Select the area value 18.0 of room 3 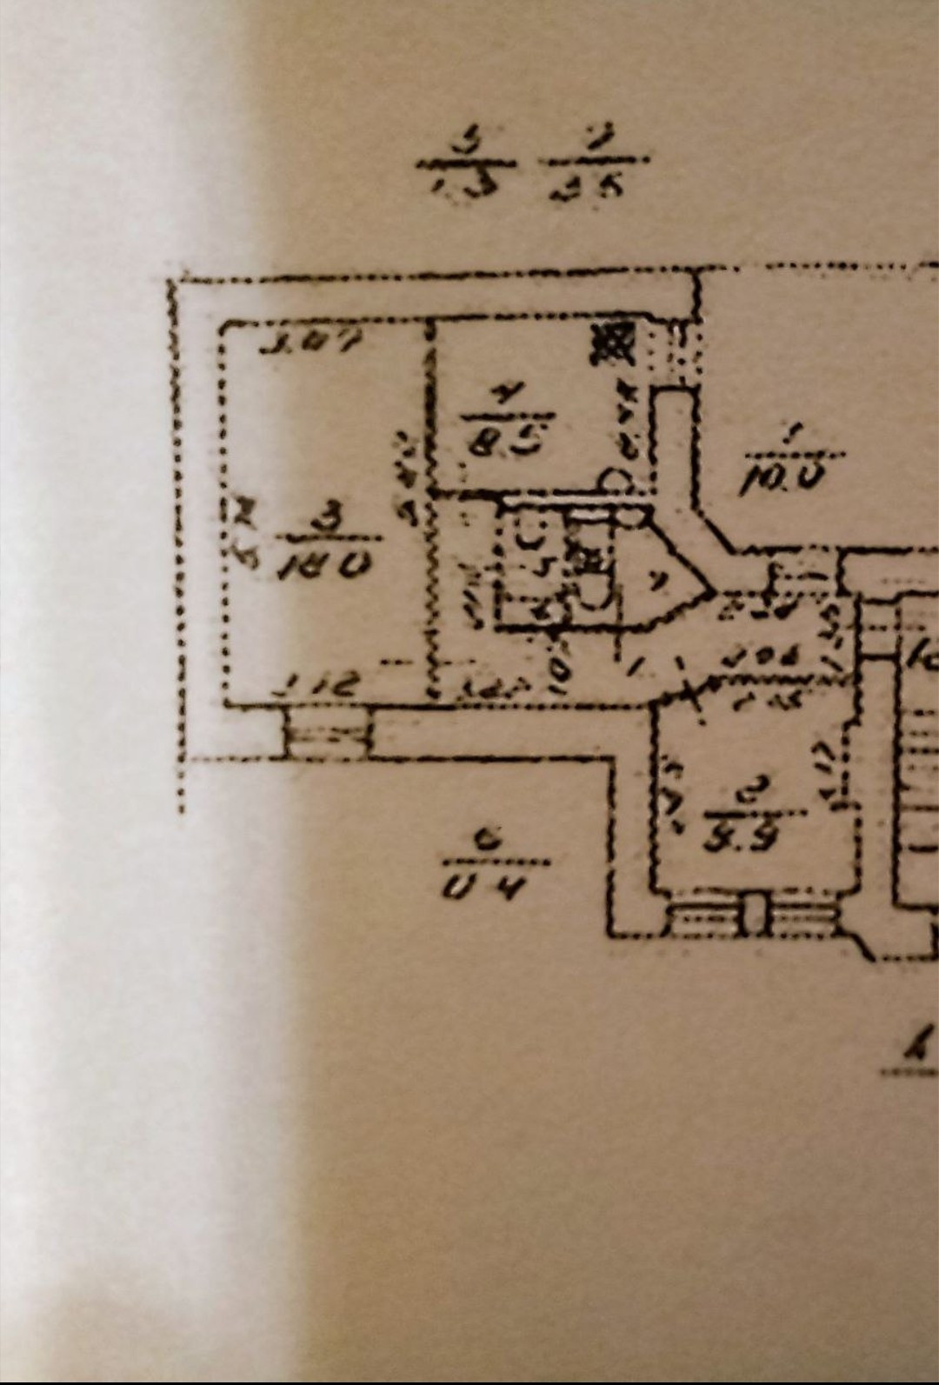[324, 566]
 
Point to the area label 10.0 [782, 479]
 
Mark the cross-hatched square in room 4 [612, 345]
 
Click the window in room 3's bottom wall [328, 736]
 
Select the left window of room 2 [707, 920]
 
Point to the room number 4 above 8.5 [503, 396]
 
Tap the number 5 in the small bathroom [545, 569]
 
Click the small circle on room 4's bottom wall [616, 480]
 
